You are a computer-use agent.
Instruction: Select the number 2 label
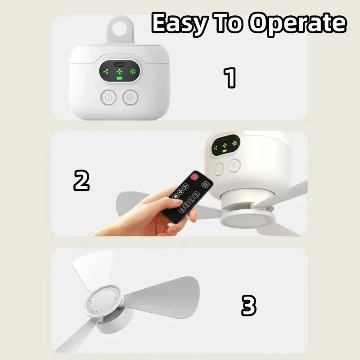[81, 180]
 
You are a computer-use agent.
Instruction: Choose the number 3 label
[248, 306]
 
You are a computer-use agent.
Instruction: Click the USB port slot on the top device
[120, 63]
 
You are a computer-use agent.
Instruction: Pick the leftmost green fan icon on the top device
[106, 72]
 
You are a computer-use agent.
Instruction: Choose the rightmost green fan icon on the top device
[133, 72]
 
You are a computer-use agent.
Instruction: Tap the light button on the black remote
[207, 184]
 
